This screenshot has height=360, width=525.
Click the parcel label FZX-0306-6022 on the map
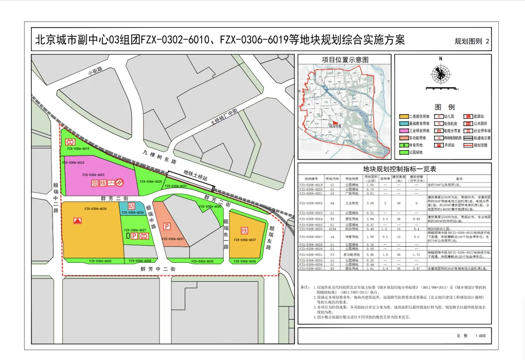(94, 174)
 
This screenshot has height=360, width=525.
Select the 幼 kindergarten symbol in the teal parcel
(131, 206)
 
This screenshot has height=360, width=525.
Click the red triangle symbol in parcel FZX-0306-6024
(77, 220)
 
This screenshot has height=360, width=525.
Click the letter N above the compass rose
(440, 59)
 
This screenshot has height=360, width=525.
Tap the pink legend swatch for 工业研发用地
(403, 131)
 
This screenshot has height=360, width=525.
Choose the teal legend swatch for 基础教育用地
(403, 124)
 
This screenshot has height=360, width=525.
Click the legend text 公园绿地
(418, 152)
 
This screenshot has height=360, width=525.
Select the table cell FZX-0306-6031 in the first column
(311, 254)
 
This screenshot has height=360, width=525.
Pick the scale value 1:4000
(480, 336)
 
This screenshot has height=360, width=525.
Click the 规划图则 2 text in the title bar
(472, 41)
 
